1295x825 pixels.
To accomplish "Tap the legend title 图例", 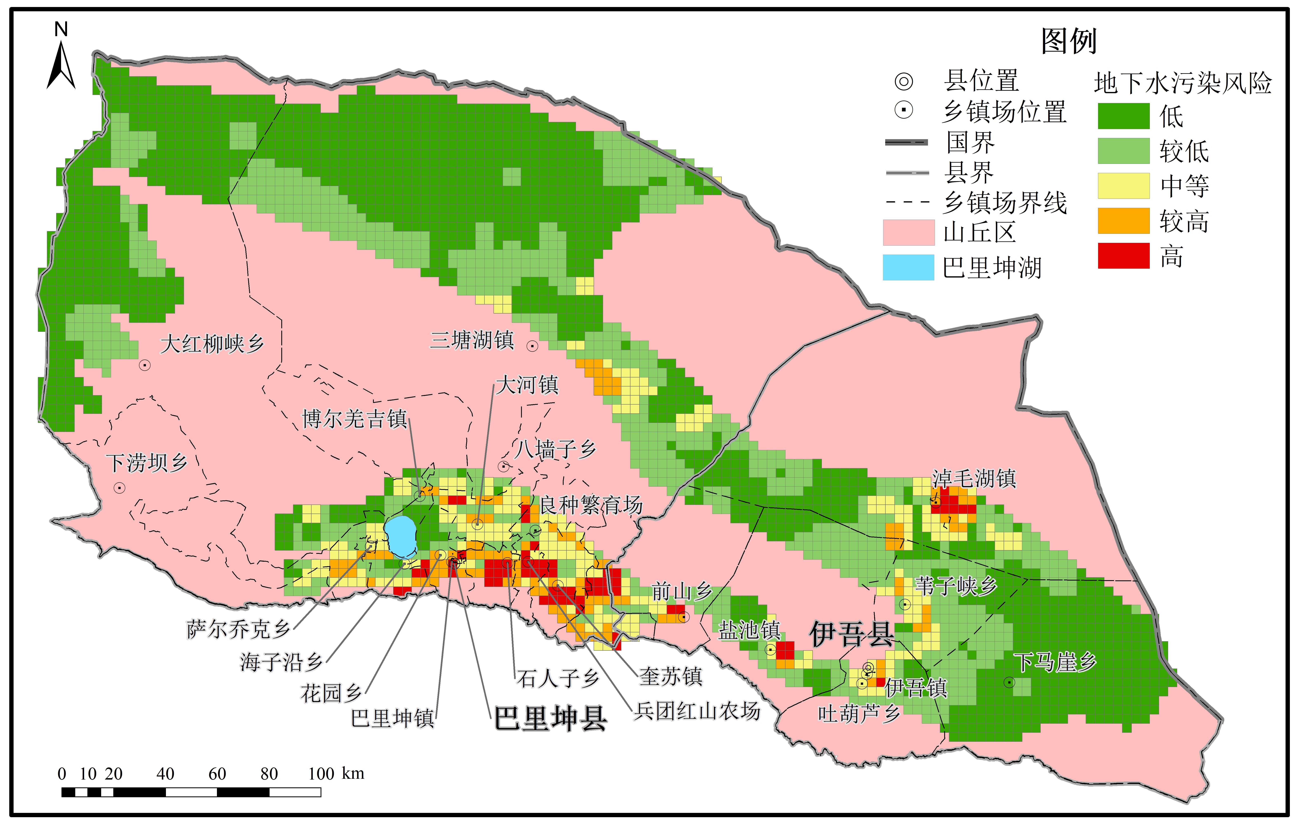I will (1069, 41).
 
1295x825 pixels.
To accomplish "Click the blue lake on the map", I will (401, 536).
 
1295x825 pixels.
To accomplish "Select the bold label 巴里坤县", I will (550, 719).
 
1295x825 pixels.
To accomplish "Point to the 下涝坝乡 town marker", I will (119, 488).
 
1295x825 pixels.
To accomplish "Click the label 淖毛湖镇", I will (974, 478).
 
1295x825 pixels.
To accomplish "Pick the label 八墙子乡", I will (556, 449).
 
